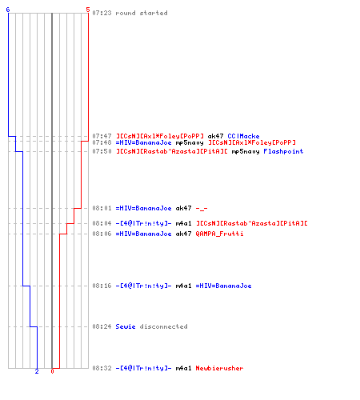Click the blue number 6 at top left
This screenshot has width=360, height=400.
[8, 10]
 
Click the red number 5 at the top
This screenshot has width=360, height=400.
[88, 10]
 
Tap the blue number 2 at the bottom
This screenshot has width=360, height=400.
[37, 371]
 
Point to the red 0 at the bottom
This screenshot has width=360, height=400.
[52, 371]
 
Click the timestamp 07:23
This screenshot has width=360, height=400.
[102, 13]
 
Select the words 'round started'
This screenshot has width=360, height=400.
[142, 13]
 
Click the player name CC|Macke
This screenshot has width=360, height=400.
[243, 136]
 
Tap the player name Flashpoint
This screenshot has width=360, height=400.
[283, 151]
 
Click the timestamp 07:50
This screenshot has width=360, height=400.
[102, 151]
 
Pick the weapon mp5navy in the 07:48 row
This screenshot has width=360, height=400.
[190, 142]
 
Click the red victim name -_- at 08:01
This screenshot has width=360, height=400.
[202, 208]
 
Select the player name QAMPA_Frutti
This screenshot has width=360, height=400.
[219, 234]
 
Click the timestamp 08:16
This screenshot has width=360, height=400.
[102, 286]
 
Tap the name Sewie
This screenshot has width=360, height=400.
[126, 326]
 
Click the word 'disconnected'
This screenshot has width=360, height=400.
[163, 326]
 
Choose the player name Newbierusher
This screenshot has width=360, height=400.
[219, 368]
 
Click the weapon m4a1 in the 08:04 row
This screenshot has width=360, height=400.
[183, 223]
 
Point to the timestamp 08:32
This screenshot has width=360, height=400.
[102, 368]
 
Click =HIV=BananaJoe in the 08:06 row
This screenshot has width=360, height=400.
[143, 234]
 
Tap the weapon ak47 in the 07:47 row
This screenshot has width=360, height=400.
[215, 136]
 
